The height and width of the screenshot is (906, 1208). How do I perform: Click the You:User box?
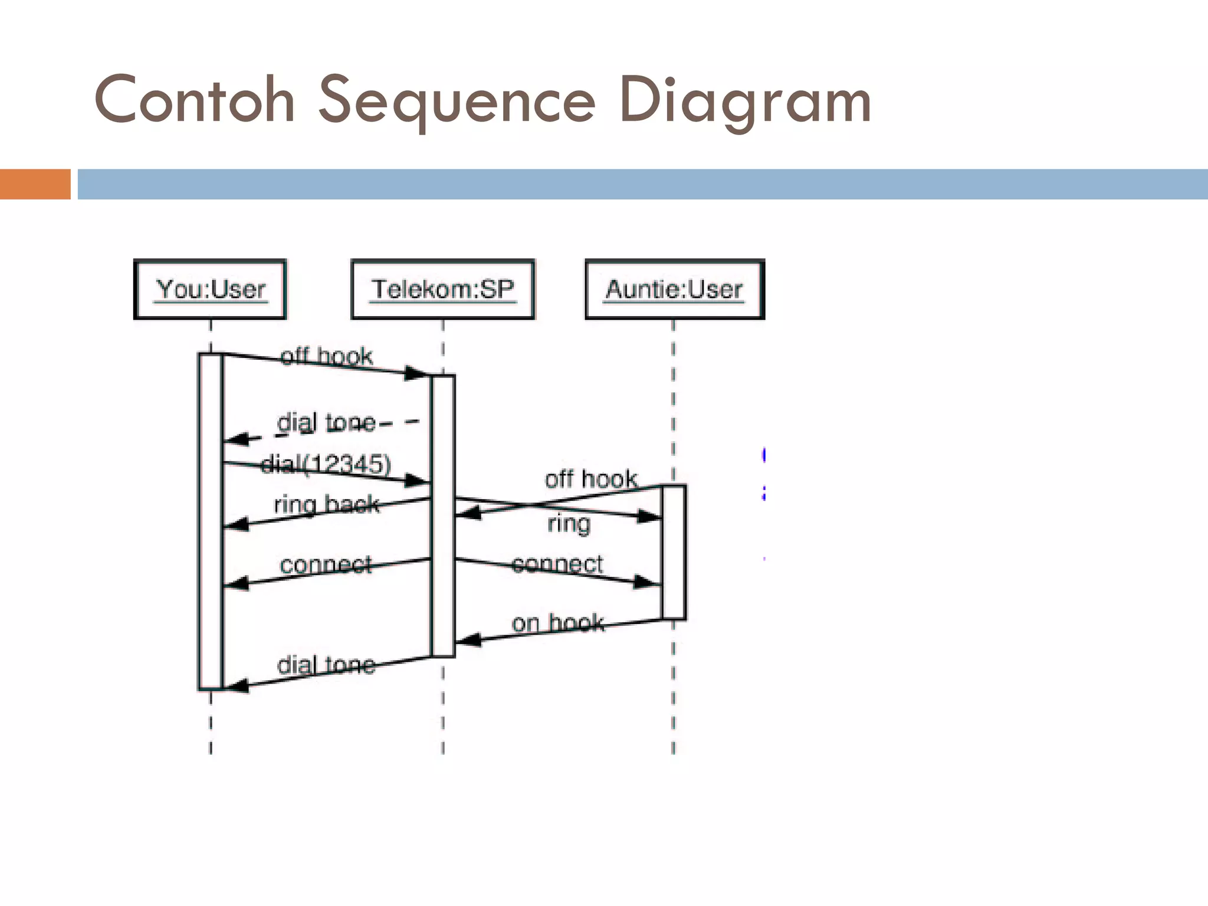pyautogui.click(x=210, y=289)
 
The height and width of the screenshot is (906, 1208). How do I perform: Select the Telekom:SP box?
pyautogui.click(x=442, y=289)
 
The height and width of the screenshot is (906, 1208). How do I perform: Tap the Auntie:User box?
pyautogui.click(x=674, y=289)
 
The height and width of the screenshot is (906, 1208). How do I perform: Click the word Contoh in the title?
pyautogui.click(x=194, y=100)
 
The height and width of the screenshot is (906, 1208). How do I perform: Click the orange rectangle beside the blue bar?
pyautogui.click(x=35, y=184)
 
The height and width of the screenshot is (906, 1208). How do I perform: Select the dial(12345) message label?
pyautogui.click(x=326, y=464)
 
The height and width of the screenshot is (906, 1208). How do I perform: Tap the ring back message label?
pyautogui.click(x=326, y=505)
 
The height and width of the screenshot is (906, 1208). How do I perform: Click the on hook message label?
pyautogui.click(x=557, y=623)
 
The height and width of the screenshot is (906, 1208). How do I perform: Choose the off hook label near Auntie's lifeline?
pyautogui.click(x=590, y=478)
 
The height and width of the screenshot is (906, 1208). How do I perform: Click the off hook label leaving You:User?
pyautogui.click(x=326, y=356)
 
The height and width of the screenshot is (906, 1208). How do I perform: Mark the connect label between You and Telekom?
pyautogui.click(x=326, y=564)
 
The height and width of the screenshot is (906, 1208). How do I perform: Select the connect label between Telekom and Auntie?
pyautogui.click(x=557, y=564)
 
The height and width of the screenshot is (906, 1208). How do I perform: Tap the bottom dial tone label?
pyautogui.click(x=326, y=665)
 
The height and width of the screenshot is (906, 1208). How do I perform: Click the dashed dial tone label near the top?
pyautogui.click(x=326, y=422)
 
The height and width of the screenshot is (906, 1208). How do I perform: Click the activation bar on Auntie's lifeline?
pyautogui.click(x=674, y=552)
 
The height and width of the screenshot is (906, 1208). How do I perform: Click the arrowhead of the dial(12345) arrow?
pyautogui.click(x=418, y=481)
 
